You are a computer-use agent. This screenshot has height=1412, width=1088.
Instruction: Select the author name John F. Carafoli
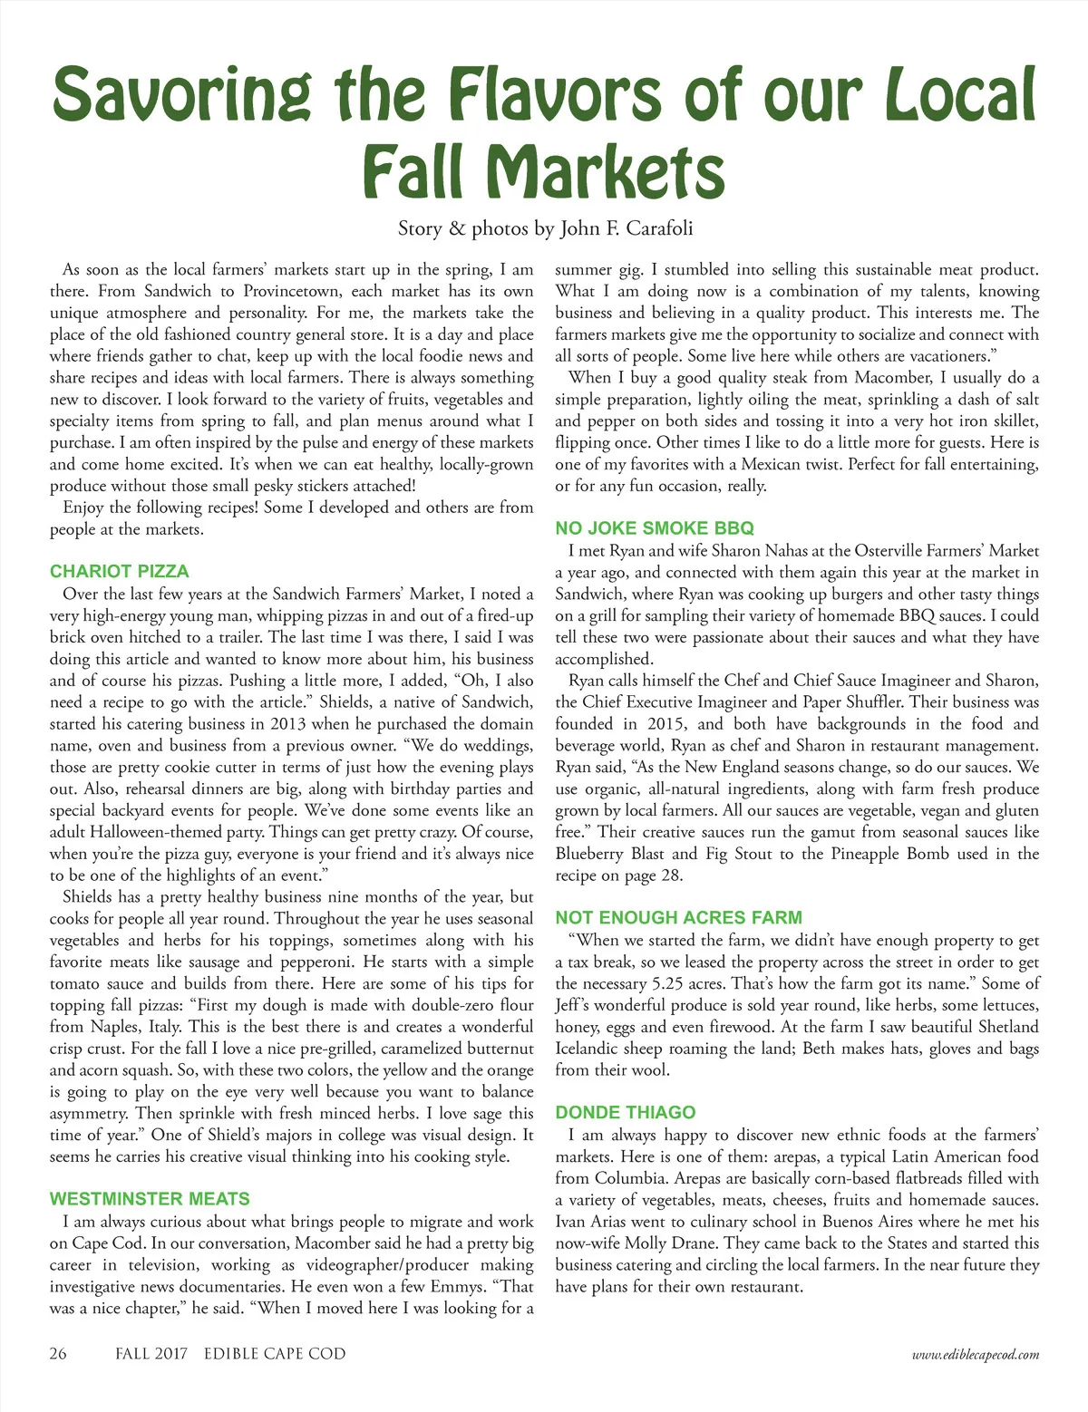tap(627, 227)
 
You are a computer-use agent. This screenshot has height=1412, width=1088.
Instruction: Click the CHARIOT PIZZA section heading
tap(120, 571)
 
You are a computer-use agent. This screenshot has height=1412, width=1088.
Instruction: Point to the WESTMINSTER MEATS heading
tap(150, 1198)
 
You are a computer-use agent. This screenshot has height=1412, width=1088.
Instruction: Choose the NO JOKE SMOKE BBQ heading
tap(655, 527)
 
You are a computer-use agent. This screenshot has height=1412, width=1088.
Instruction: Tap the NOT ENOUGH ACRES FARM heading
tap(678, 917)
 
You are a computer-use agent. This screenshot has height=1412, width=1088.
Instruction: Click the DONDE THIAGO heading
tap(626, 1112)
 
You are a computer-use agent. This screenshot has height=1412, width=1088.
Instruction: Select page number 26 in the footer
tap(58, 1353)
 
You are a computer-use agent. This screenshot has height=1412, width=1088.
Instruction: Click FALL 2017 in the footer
tap(151, 1353)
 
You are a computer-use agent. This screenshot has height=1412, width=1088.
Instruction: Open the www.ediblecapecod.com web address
tap(976, 1354)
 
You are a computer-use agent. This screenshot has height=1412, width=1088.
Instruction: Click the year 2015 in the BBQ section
tap(666, 723)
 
